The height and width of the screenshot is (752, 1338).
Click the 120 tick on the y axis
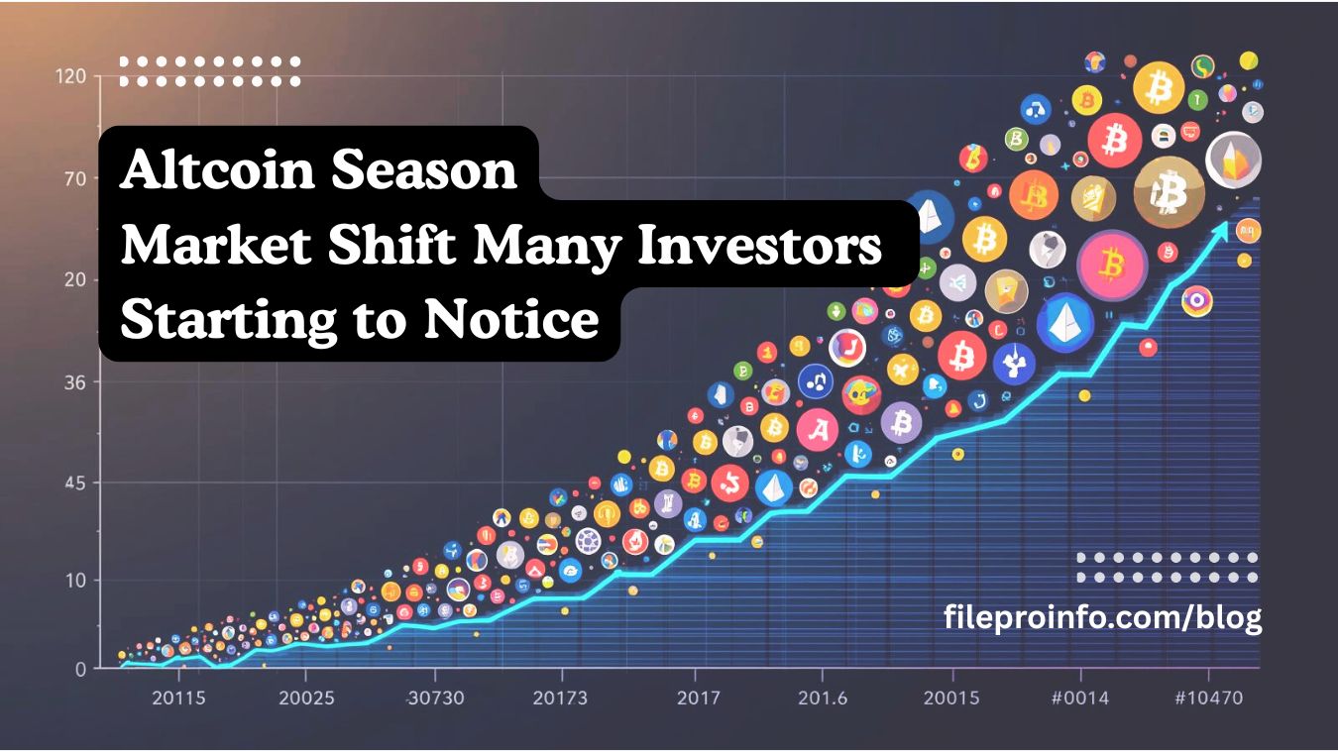pyautogui.click(x=72, y=76)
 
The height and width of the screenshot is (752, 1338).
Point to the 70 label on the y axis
pyautogui.click(x=75, y=178)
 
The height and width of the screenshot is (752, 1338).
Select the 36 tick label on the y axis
pyautogui.click(x=75, y=382)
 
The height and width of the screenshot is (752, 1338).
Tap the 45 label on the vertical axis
pyautogui.click(x=75, y=483)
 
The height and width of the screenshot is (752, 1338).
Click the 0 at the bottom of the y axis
pyautogui.click(x=80, y=669)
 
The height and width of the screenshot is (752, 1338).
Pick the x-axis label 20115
pyautogui.click(x=179, y=698)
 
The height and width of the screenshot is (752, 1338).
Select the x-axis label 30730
pyautogui.click(x=436, y=698)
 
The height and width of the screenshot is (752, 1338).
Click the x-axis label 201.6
pyautogui.click(x=823, y=698)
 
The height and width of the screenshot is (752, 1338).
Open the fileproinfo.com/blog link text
pyautogui.click(x=1102, y=617)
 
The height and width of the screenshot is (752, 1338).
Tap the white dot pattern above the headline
pyautogui.click(x=209, y=71)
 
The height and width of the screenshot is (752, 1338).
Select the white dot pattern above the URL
pyautogui.click(x=1167, y=568)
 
